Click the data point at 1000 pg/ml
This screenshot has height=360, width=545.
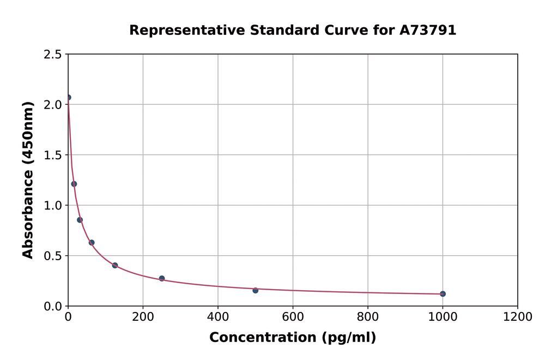(443, 294)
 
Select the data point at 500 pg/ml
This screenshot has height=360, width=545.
(255, 290)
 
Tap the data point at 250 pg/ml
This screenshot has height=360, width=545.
(162, 278)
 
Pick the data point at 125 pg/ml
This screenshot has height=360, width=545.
(115, 266)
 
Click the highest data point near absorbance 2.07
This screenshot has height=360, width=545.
(68, 98)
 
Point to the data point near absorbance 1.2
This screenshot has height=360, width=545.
(74, 184)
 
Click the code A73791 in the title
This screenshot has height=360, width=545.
(428, 31)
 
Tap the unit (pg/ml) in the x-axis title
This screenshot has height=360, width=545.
(347, 338)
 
